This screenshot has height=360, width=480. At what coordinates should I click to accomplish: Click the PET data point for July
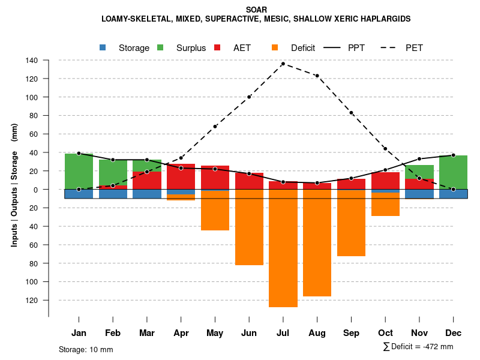[x=283, y=64]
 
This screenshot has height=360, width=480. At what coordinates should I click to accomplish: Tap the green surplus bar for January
[x=79, y=171]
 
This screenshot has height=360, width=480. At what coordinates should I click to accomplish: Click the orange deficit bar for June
[x=249, y=227]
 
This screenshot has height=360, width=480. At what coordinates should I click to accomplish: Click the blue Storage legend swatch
[x=103, y=47]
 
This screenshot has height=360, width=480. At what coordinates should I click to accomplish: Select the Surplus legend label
[x=191, y=48]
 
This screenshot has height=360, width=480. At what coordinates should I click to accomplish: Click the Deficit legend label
[x=303, y=48]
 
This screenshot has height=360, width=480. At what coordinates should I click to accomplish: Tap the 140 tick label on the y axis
[x=32, y=61]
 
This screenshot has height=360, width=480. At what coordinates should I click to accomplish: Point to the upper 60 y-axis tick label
[x=34, y=134]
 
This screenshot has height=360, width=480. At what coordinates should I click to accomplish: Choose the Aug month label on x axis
[x=317, y=333]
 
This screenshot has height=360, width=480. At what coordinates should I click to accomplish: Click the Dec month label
[x=454, y=333]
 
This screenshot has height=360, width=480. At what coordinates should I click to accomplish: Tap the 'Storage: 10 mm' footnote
[x=86, y=349]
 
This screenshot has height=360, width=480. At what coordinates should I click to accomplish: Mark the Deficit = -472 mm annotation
[x=418, y=347]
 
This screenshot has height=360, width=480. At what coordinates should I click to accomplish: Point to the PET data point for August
[x=317, y=76]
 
